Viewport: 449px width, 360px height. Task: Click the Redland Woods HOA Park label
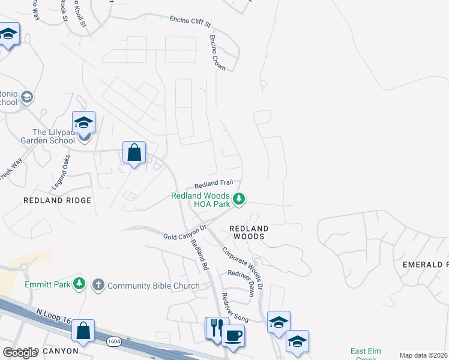point(200,200)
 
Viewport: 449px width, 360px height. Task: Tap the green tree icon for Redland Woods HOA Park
point(239,199)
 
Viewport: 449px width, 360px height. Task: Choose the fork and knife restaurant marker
point(215,328)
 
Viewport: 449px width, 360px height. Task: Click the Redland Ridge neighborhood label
point(58,200)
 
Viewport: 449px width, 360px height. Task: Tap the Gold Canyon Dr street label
point(185,233)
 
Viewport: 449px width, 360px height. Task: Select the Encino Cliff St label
point(190,22)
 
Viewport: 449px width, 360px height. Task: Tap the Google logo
point(20,353)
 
